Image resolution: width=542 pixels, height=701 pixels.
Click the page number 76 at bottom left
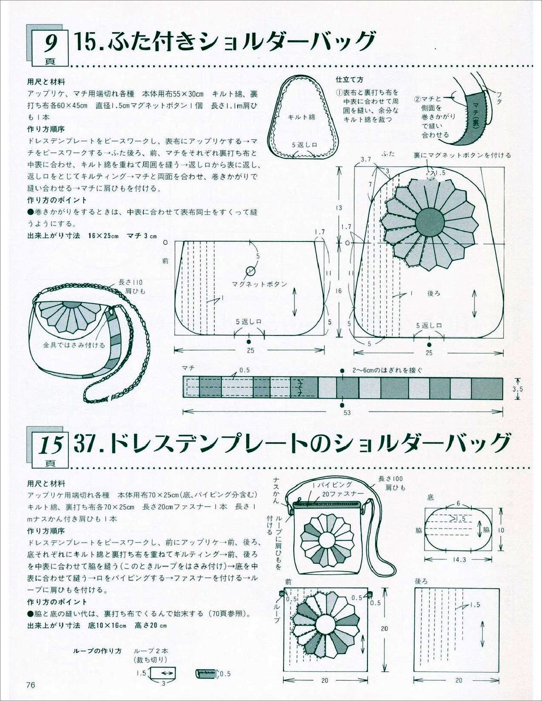(x=32, y=685)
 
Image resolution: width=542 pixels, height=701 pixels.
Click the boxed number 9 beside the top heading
(x=50, y=45)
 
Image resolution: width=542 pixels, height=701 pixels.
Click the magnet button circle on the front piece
(x=250, y=271)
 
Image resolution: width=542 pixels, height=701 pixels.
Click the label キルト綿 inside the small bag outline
(x=301, y=117)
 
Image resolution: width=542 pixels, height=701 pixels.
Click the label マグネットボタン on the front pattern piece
(x=259, y=284)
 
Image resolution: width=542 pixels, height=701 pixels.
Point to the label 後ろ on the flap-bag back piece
(x=434, y=293)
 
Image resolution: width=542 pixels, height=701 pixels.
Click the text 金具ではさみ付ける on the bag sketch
(x=74, y=345)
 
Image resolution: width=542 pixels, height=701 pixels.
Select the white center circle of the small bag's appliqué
(x=327, y=538)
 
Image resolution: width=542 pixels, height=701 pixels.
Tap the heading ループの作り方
(x=97, y=651)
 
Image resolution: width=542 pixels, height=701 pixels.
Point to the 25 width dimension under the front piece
(x=250, y=350)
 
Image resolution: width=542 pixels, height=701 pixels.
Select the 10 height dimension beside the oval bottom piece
(x=501, y=530)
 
